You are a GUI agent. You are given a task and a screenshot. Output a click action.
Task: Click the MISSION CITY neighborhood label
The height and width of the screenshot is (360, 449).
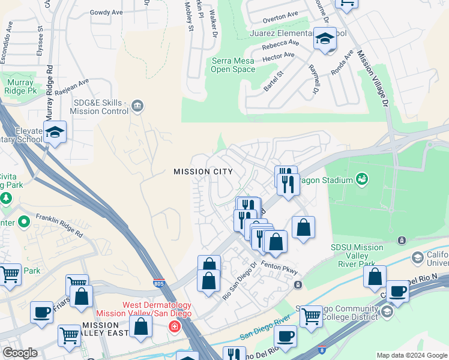tap(202, 172)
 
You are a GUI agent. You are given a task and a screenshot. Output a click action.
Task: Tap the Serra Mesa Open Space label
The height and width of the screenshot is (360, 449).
tap(233, 65)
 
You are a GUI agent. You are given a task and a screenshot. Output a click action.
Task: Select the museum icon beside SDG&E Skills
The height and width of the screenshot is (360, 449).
tap(137, 106)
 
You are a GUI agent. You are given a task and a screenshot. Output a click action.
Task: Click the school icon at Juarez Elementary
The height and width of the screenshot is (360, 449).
tap(325, 39)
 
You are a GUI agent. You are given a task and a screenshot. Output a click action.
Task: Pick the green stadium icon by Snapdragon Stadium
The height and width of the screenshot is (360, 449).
tap(361, 178)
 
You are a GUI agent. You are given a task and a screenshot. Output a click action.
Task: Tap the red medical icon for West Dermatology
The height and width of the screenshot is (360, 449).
tap(174, 326)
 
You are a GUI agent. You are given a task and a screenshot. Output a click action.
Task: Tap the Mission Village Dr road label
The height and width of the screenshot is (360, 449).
tap(373, 79)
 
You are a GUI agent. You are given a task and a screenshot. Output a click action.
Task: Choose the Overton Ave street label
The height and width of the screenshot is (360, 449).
tap(280, 16)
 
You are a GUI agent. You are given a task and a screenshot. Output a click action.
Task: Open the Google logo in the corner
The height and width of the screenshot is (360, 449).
tap(20, 353)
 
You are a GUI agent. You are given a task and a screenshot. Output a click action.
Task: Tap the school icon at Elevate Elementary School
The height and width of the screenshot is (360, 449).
tap(55, 133)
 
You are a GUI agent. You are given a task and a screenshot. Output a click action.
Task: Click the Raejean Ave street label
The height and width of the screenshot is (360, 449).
tap(71, 85)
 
